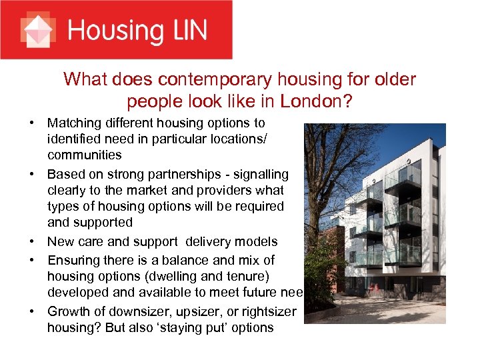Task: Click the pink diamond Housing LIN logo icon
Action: click(37, 30)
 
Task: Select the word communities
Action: click(84, 155)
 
